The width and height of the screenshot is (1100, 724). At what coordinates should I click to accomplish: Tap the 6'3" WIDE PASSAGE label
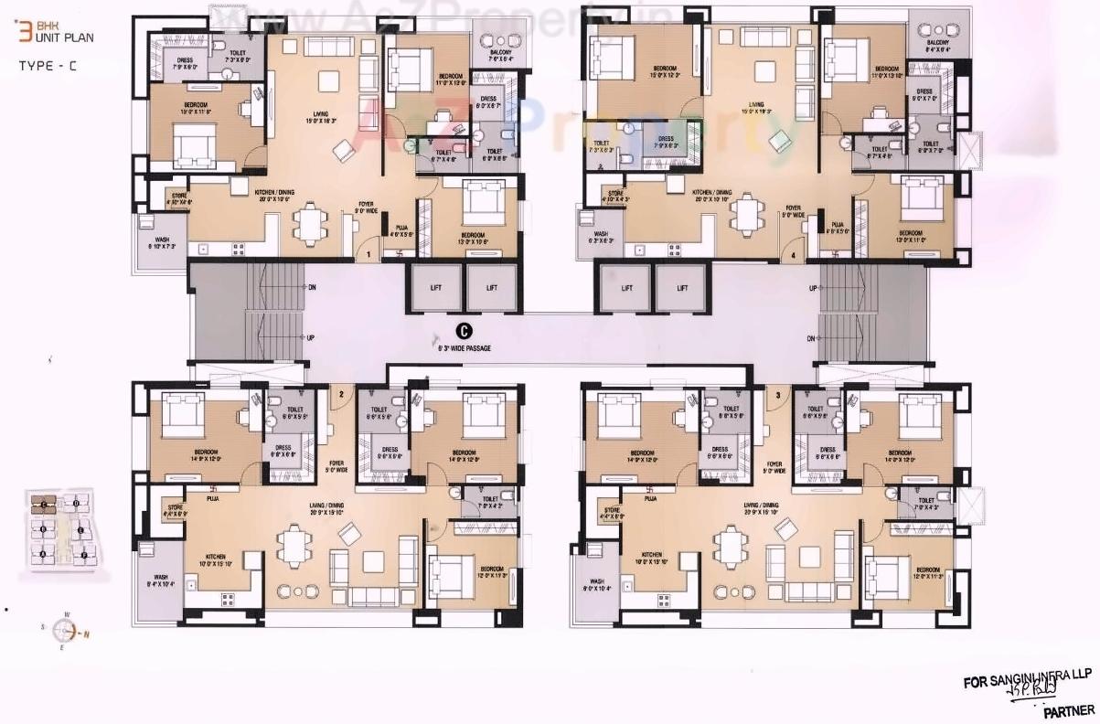coord(465,347)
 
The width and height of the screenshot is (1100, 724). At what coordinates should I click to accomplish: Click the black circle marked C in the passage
coord(465,331)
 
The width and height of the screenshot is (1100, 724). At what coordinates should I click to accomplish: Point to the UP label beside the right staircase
coord(813,288)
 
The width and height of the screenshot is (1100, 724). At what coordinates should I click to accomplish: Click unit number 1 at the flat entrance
coord(368,253)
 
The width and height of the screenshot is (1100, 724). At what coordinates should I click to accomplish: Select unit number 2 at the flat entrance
coord(341,394)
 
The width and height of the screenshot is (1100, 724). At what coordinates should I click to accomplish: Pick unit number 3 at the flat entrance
coord(777,395)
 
